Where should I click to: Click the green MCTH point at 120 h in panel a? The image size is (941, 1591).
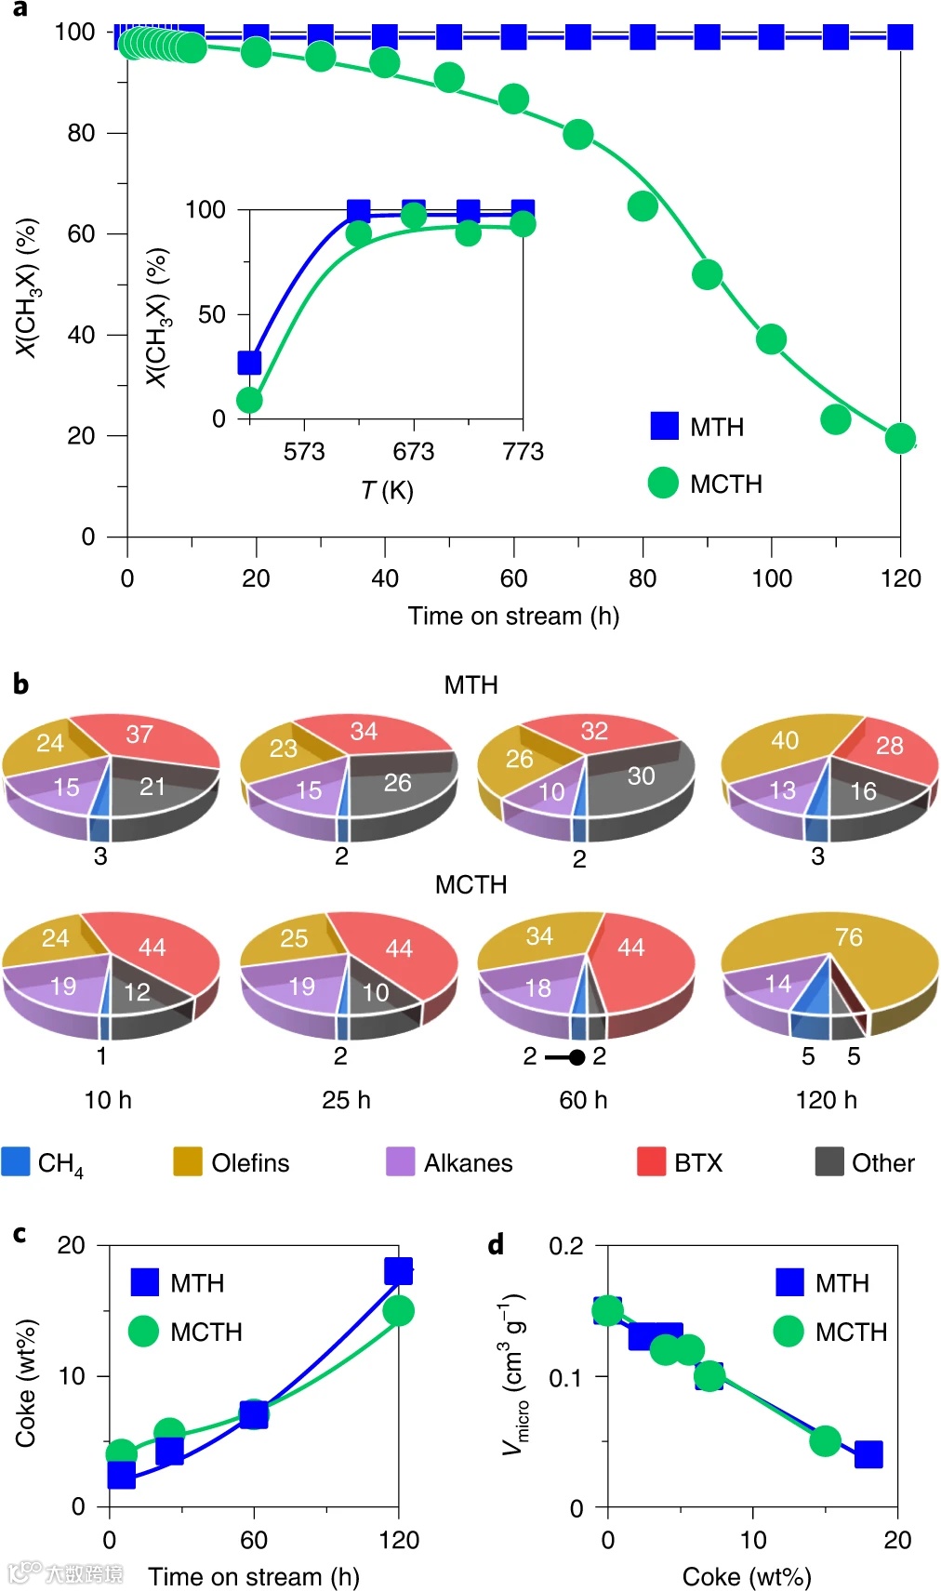(x=899, y=438)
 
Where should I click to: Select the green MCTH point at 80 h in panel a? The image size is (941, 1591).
(x=643, y=206)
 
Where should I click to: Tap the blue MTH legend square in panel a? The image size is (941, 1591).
(x=665, y=426)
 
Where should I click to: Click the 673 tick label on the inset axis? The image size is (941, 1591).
(x=414, y=452)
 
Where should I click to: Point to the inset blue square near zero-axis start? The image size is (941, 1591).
(x=249, y=362)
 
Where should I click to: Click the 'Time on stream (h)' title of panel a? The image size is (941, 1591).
(x=513, y=616)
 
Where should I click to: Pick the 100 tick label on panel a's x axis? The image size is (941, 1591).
(x=772, y=578)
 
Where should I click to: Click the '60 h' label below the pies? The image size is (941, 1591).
(x=583, y=1100)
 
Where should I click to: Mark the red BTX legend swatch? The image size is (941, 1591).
(x=651, y=1161)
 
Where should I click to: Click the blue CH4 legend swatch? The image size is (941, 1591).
(x=16, y=1161)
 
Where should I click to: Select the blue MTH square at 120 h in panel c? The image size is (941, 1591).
(x=398, y=1271)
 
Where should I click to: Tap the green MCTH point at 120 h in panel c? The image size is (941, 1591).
(x=398, y=1311)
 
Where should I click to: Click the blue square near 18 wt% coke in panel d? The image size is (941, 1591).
(x=868, y=1454)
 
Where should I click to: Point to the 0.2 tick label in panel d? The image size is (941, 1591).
(x=566, y=1246)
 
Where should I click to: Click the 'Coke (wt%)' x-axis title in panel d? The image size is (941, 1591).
(x=747, y=1576)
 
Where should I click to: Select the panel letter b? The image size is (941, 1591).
(x=20, y=684)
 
